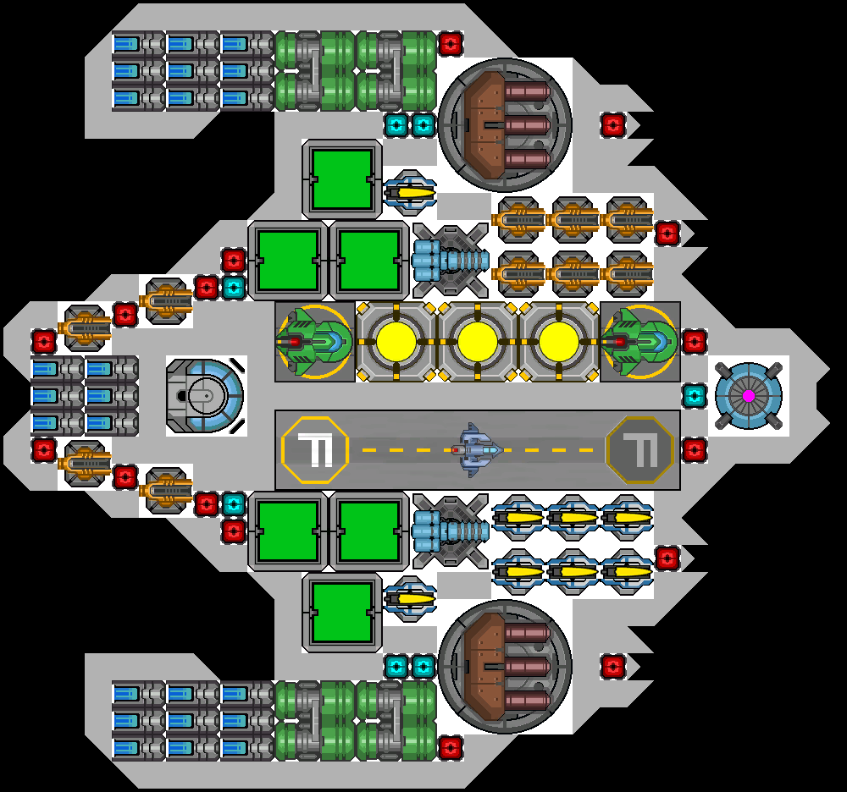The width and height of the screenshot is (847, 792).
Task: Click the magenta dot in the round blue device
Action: (749, 395)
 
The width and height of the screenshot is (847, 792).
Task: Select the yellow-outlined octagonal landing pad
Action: (315, 449)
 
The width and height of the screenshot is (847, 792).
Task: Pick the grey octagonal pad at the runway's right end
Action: (640, 449)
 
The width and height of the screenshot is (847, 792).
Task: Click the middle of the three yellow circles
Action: (478, 341)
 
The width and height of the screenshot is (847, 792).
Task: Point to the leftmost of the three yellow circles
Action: (396, 341)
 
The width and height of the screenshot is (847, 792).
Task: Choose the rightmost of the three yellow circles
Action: (559, 341)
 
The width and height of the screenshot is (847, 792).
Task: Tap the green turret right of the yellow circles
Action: (639, 341)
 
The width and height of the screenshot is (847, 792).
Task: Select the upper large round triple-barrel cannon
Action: (505, 125)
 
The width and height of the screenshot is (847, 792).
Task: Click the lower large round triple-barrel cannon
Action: (505, 666)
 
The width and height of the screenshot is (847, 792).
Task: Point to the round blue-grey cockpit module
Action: (206, 395)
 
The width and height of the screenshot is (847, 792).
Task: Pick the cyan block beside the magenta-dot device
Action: (695, 395)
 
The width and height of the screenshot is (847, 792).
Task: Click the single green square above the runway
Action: (342, 179)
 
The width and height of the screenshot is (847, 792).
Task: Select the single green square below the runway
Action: (342, 612)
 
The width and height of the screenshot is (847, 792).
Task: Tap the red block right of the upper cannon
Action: (613, 125)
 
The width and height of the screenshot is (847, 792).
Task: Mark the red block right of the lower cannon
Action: (613, 666)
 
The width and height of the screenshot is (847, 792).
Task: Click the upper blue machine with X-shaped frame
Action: (451, 260)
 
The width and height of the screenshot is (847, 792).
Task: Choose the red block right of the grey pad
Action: (695, 449)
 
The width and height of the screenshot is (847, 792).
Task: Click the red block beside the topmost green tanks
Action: (451, 44)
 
